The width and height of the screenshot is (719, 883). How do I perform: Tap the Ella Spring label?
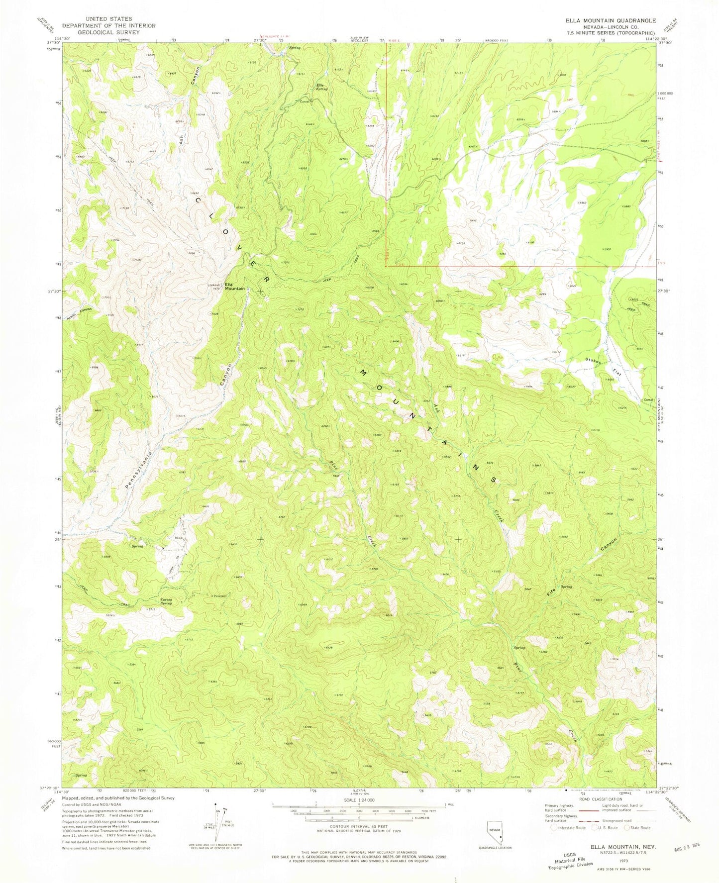tap(322, 87)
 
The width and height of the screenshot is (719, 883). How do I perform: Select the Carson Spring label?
tap(166, 601)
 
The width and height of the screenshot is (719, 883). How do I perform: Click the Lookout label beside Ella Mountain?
tap(214, 285)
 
